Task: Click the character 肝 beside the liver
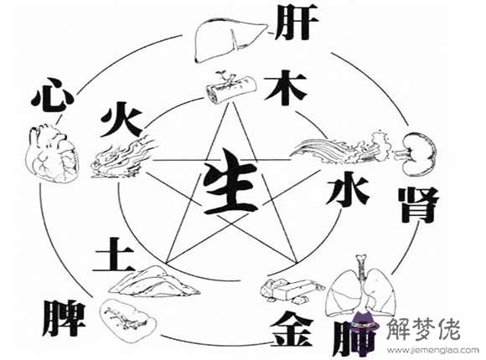coord(297,23)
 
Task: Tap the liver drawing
coord(231,39)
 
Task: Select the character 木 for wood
coord(286,87)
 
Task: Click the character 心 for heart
coord(53,94)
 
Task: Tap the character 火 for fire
coord(121,120)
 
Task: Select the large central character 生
coord(230,182)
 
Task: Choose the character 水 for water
coord(348,188)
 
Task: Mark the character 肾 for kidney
coord(419,205)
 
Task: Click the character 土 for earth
coord(114,254)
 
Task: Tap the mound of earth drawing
coord(154,281)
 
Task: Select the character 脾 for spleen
coord(64,317)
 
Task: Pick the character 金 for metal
coord(292,329)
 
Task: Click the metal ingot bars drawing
coord(292,290)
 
